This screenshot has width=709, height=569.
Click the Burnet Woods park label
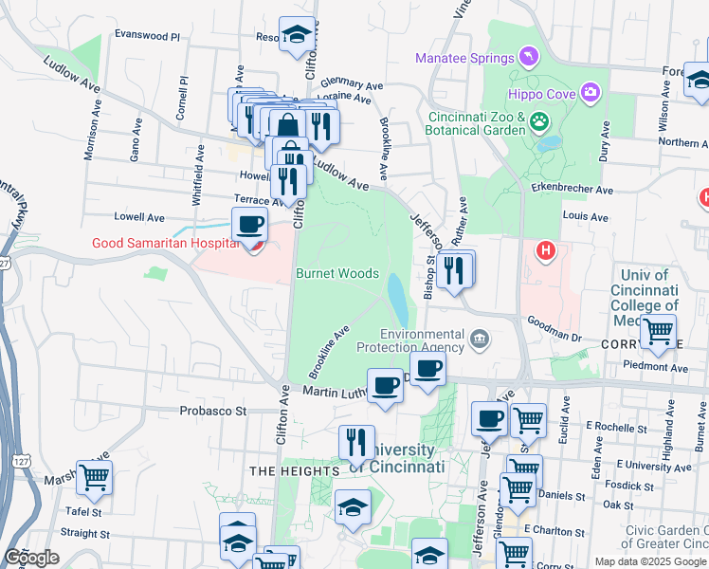(x=337, y=273)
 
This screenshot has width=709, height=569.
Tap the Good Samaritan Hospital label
(x=163, y=244)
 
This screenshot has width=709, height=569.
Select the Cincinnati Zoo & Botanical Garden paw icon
(x=539, y=120)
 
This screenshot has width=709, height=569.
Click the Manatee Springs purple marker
(x=528, y=59)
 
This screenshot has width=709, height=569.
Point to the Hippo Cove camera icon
(x=591, y=92)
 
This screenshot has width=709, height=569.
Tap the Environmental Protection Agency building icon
(x=480, y=338)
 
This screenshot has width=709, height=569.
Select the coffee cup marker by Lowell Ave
(x=249, y=225)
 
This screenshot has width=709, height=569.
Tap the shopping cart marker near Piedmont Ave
(x=658, y=333)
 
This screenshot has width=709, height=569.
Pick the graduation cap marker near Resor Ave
(x=298, y=36)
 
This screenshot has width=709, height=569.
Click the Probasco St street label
(x=213, y=412)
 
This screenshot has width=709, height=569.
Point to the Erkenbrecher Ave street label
(x=572, y=190)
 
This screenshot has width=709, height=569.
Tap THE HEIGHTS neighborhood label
(x=294, y=471)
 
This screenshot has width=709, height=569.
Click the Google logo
(x=31, y=558)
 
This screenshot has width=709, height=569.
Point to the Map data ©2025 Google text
(x=649, y=561)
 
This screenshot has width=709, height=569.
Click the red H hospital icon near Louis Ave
(x=545, y=251)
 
